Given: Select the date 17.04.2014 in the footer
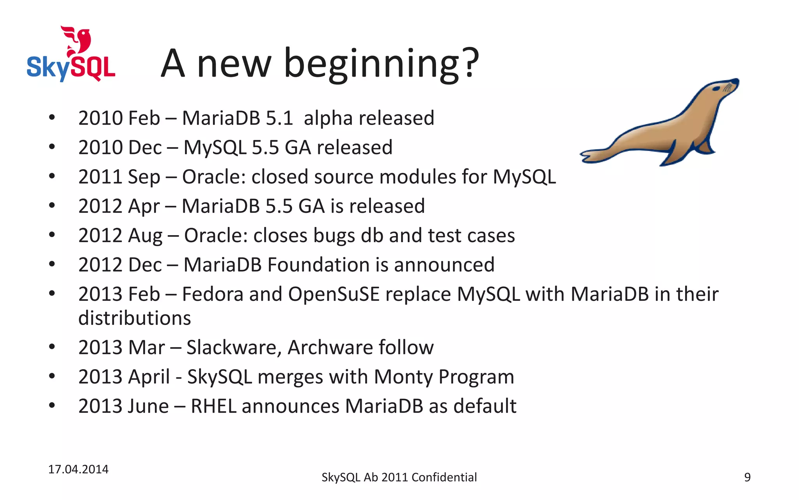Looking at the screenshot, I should (x=78, y=469).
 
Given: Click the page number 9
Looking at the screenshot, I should (x=747, y=477).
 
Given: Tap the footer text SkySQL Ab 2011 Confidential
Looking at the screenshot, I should (x=399, y=477).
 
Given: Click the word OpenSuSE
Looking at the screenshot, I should (x=334, y=294).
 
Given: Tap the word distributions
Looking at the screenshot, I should (x=135, y=318).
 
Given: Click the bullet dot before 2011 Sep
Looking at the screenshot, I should (x=52, y=177).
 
